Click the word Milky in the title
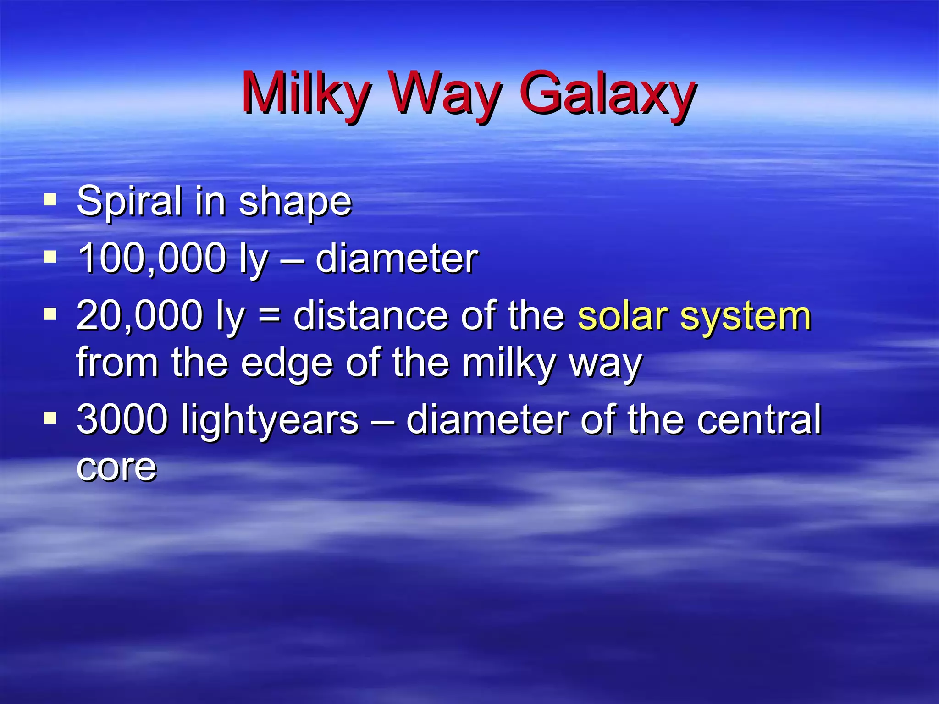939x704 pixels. click(305, 94)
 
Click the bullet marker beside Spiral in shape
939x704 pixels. click(50, 200)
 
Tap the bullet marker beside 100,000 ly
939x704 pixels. click(50, 257)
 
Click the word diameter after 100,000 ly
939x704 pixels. click(396, 259)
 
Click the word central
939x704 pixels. click(759, 419)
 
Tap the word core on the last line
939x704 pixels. click(116, 468)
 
